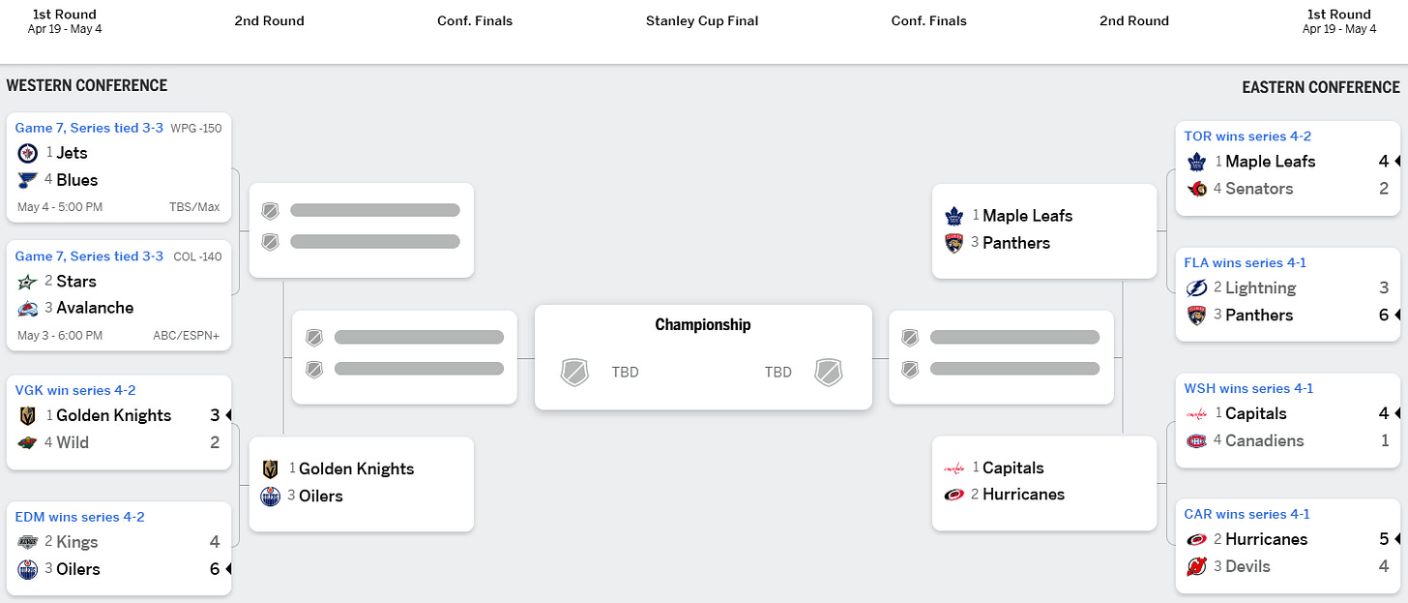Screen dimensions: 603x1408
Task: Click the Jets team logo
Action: (x=27, y=153)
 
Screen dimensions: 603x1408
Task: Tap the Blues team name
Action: (x=76, y=180)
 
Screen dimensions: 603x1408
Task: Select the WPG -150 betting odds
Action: (x=196, y=128)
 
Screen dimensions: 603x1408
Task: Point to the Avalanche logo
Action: (x=27, y=308)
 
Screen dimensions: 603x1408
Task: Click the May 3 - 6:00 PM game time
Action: (x=60, y=336)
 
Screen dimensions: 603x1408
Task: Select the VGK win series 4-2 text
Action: (x=75, y=390)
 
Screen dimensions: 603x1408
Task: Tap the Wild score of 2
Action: (x=215, y=442)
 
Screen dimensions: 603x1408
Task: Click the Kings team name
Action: (x=76, y=542)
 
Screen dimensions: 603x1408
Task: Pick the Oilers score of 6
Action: (x=215, y=569)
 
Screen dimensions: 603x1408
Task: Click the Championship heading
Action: (x=703, y=325)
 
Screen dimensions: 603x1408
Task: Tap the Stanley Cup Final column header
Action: (x=702, y=21)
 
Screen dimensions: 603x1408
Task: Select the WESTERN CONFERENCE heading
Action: (x=87, y=86)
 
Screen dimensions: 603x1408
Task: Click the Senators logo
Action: (x=1197, y=189)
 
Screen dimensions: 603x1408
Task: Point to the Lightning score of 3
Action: (x=1384, y=287)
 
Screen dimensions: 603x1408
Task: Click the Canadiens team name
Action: (x=1264, y=440)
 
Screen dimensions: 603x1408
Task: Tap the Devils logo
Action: (x=1197, y=566)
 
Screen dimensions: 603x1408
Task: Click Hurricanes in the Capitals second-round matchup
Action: (x=1023, y=495)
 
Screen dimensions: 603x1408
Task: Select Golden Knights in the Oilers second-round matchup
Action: (x=356, y=468)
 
